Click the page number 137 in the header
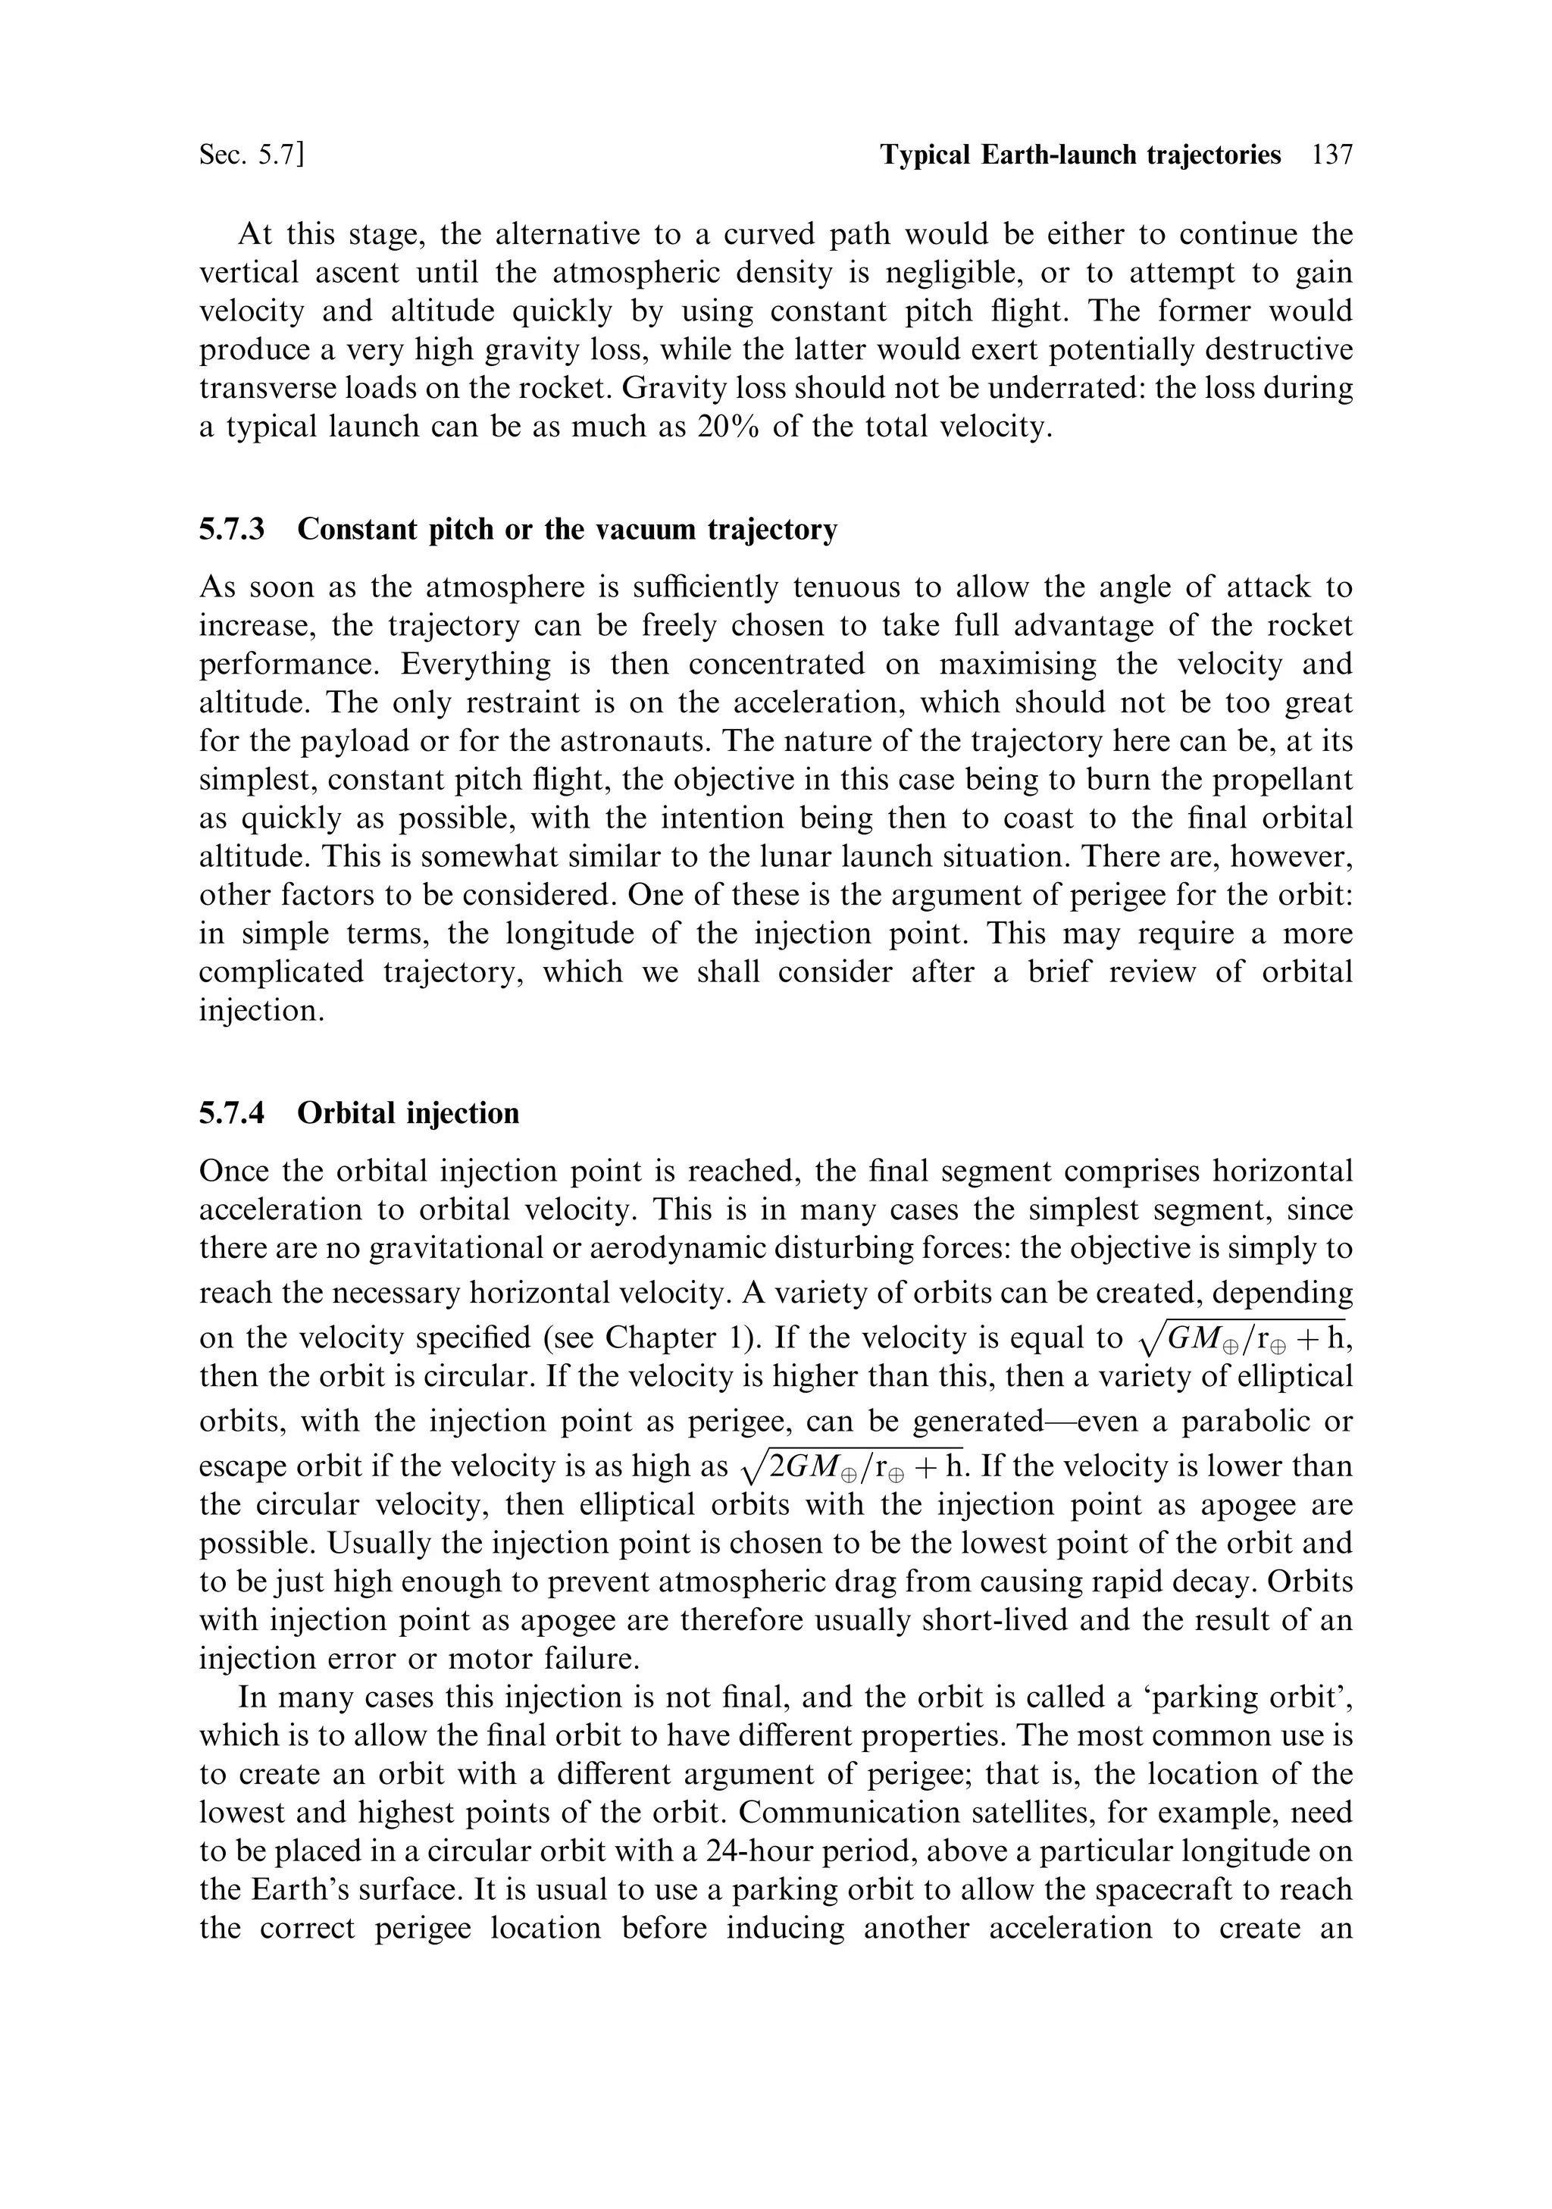(1331, 155)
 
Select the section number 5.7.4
(232, 1113)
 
